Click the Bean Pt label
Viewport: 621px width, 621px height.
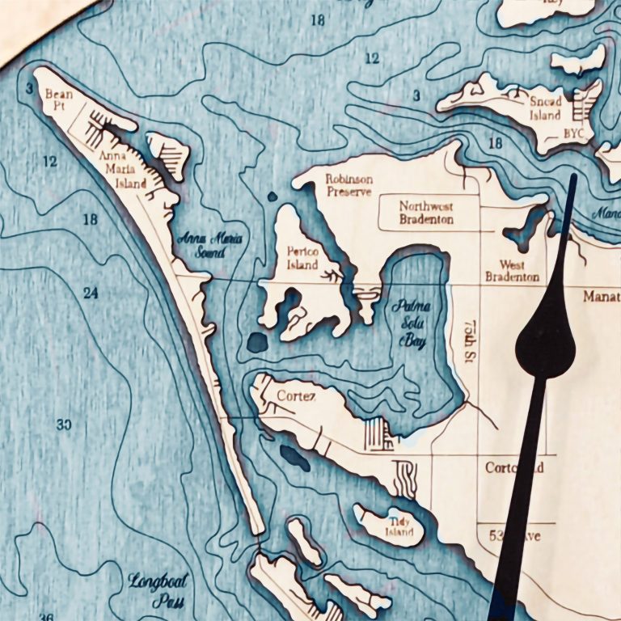pyautogui.click(x=59, y=100)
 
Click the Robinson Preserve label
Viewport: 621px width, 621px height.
pyautogui.click(x=348, y=185)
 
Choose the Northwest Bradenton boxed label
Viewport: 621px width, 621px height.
pyautogui.click(x=427, y=213)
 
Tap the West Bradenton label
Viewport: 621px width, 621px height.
pyautogui.click(x=512, y=271)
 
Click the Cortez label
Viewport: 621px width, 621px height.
pyautogui.click(x=294, y=395)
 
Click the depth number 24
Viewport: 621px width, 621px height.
pyautogui.click(x=90, y=294)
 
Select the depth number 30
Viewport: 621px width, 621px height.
pyautogui.click(x=65, y=425)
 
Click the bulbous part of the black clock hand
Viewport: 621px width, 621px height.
pyautogui.click(x=546, y=344)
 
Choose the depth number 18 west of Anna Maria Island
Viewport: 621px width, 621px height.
pyautogui.click(x=90, y=219)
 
